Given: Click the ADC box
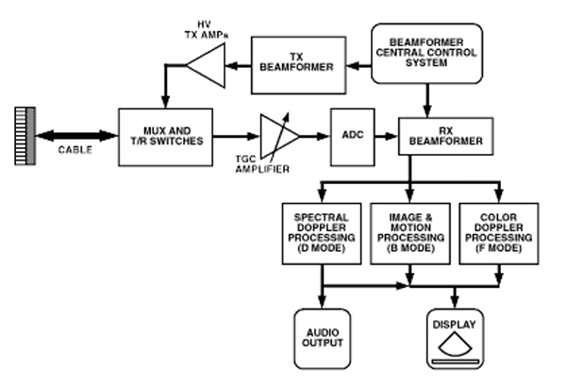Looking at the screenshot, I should coord(351,133).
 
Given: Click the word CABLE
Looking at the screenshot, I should coord(71,151).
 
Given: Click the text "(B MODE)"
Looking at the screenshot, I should coord(408,249).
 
